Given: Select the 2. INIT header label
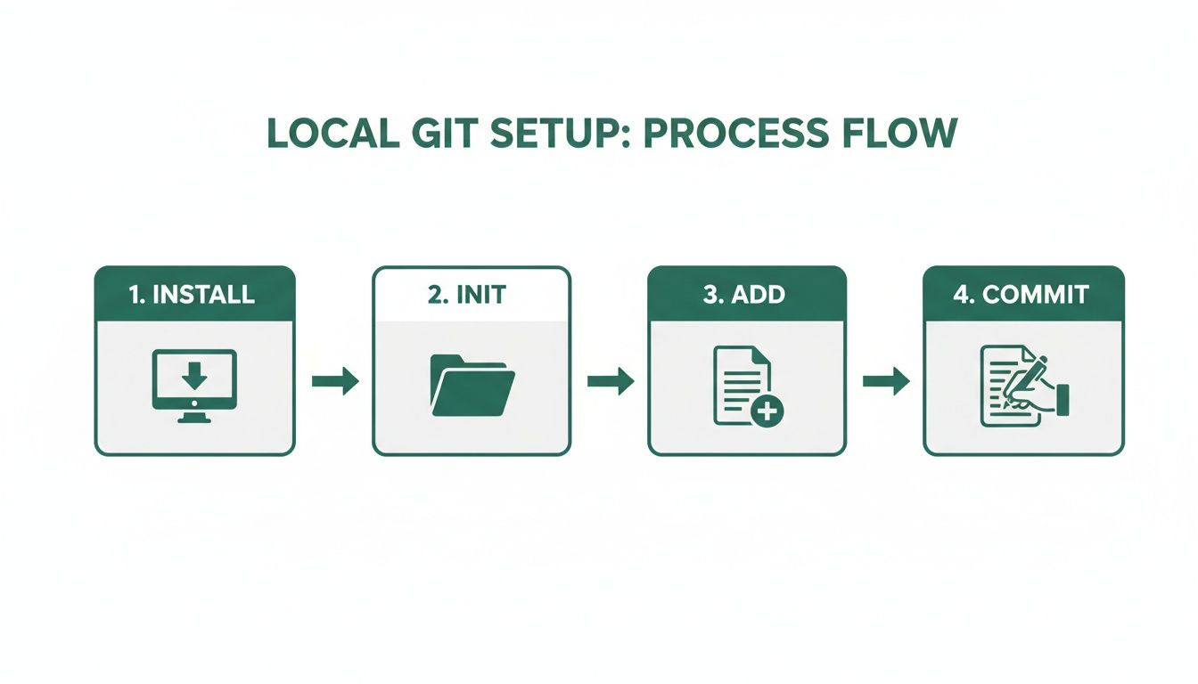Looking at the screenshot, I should tap(470, 295).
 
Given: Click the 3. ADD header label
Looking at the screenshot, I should tap(747, 295).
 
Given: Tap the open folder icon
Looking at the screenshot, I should tap(472, 385).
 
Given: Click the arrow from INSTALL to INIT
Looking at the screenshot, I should tap(335, 382).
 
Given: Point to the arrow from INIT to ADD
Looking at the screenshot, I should tap(611, 382).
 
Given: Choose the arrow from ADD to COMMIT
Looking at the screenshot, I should tap(886, 382).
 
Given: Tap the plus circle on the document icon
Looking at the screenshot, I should tap(767, 411).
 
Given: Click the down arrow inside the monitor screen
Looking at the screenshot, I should tap(194, 375).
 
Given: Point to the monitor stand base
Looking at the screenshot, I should tap(194, 419).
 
